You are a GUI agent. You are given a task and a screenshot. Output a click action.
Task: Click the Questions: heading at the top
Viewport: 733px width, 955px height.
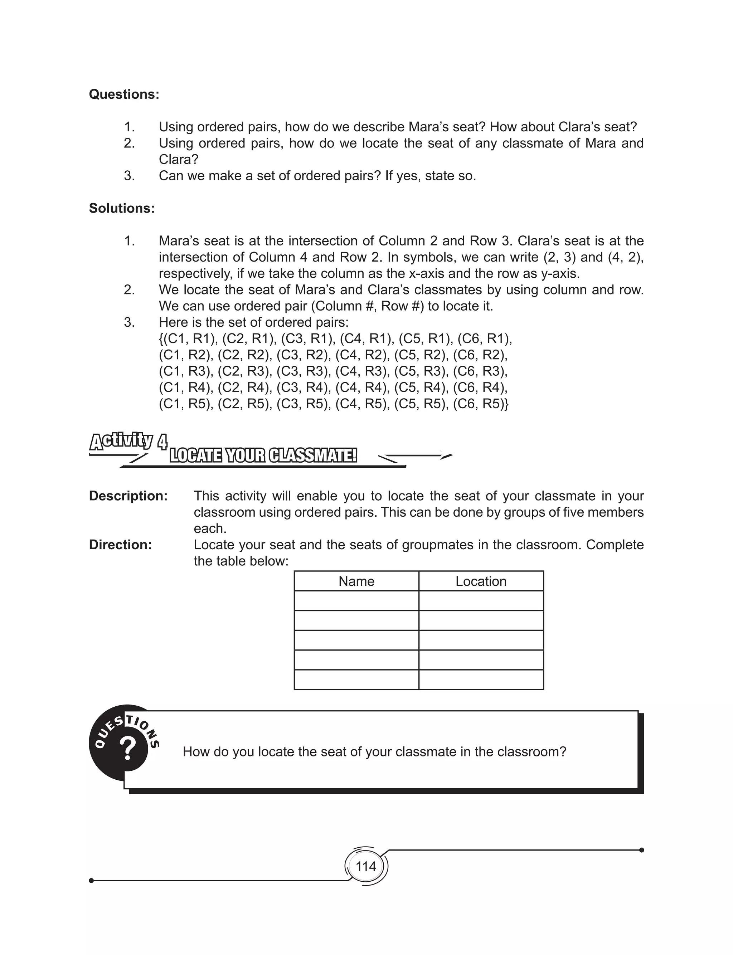pyautogui.click(x=124, y=94)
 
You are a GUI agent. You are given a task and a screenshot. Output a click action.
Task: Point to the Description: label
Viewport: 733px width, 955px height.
pyautogui.click(x=128, y=496)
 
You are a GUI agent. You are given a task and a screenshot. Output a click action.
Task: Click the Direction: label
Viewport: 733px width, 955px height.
pyautogui.click(x=120, y=545)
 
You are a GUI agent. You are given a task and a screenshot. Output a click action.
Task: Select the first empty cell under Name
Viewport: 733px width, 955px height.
pyautogui.click(x=356, y=600)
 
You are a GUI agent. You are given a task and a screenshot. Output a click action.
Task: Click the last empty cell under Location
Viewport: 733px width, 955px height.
pyautogui.click(x=481, y=679)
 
